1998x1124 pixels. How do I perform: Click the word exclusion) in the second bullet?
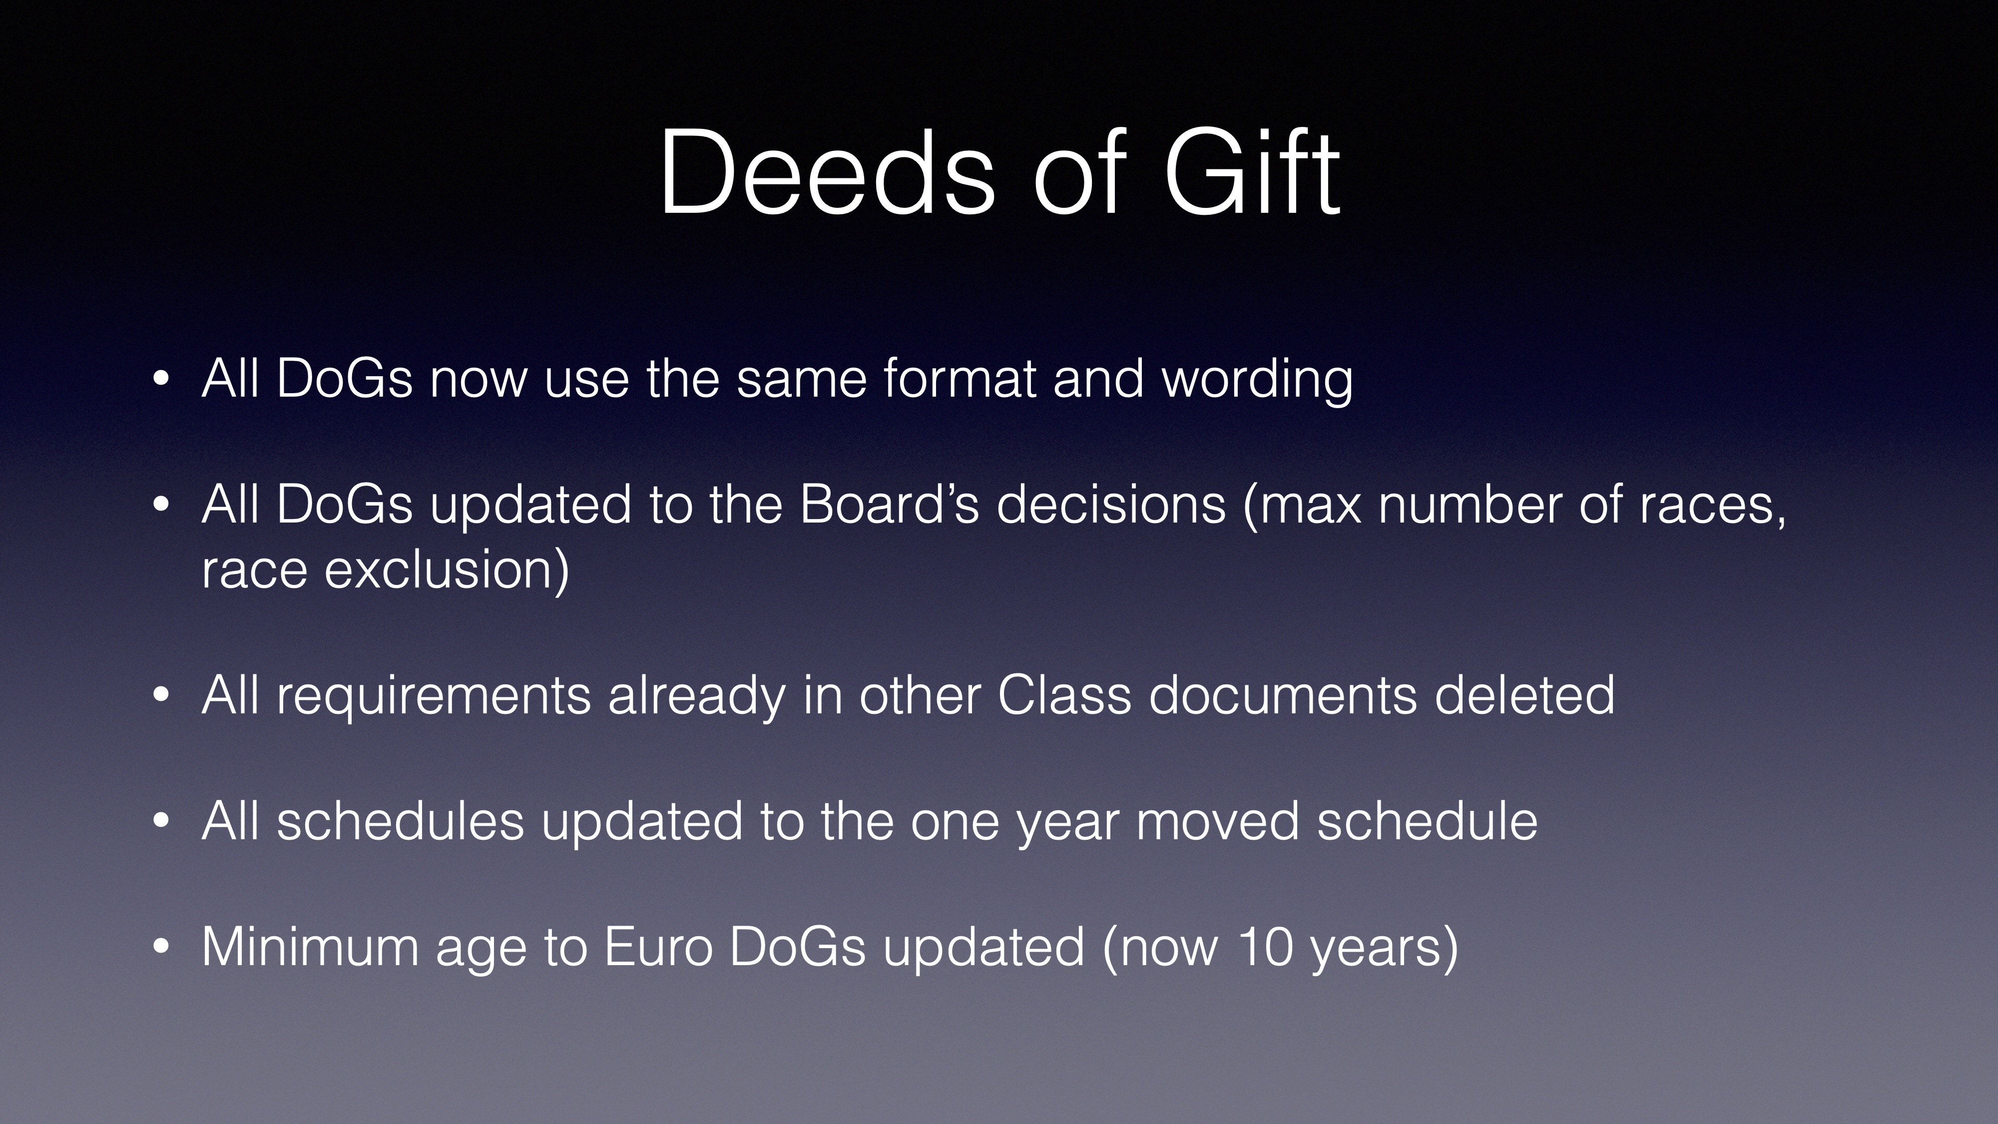click(x=447, y=569)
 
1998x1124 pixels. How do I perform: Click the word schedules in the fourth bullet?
click(x=400, y=821)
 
